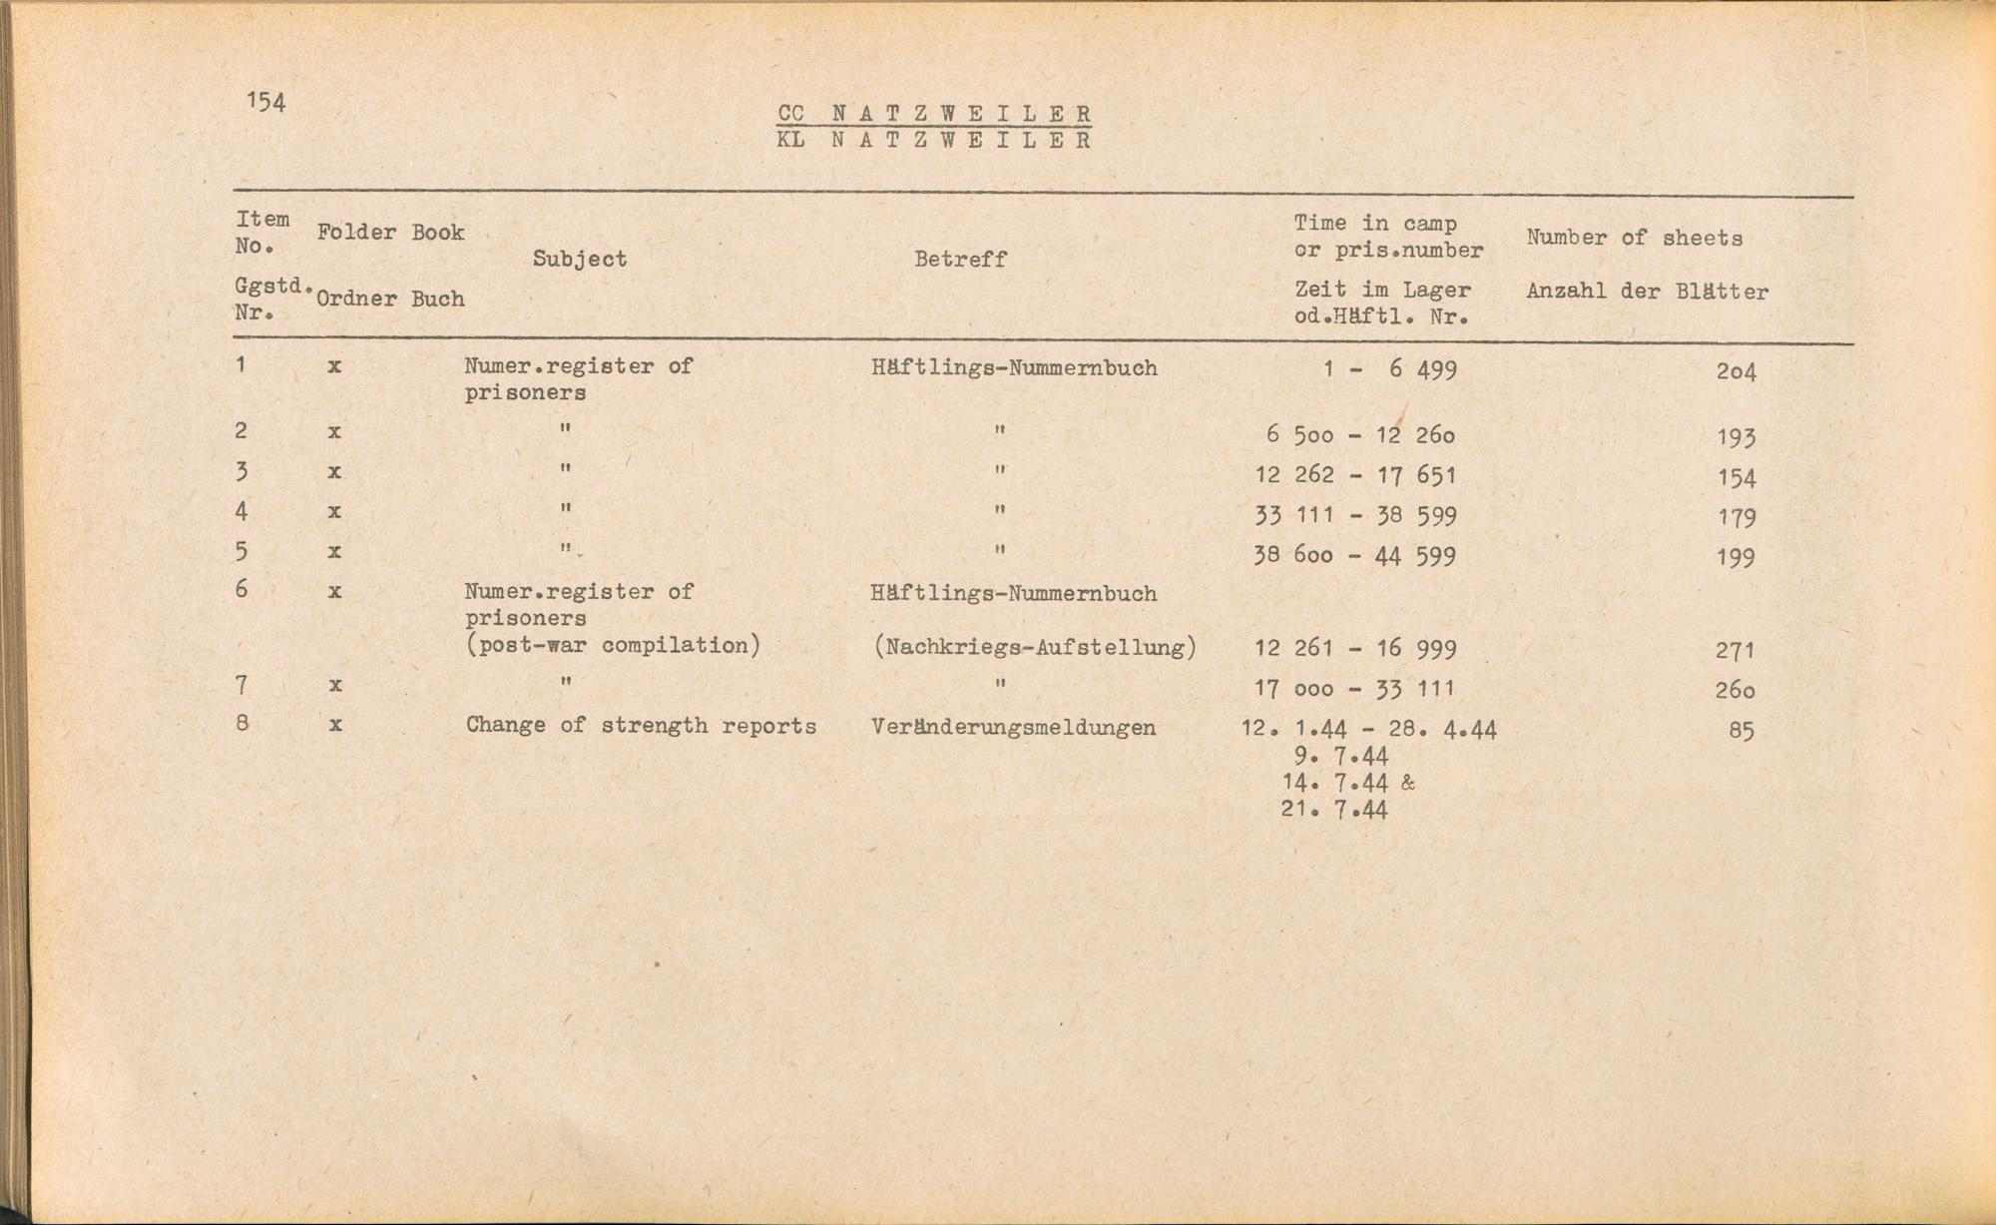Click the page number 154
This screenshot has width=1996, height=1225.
click(265, 102)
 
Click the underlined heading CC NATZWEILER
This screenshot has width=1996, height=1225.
click(934, 114)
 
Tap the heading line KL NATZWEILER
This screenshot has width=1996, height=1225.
click(934, 141)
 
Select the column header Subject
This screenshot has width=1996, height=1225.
click(579, 260)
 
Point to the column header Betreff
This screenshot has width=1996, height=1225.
click(960, 260)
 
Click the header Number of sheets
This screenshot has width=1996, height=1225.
click(1634, 238)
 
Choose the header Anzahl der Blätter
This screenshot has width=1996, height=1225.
click(1647, 293)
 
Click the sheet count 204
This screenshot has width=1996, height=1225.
click(1736, 372)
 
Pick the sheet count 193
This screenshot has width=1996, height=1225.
click(1737, 437)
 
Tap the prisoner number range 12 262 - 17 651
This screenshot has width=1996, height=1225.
click(1355, 476)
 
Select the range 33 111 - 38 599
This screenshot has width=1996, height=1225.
click(1355, 516)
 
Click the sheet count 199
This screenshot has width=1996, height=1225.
click(1736, 557)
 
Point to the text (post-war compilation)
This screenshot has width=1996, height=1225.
click(613, 646)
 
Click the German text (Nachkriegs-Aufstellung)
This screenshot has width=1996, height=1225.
click(1034, 648)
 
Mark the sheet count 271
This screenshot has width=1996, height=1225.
click(1736, 651)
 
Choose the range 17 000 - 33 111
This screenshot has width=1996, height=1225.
click(1355, 689)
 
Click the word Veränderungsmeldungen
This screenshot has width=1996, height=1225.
click(1013, 728)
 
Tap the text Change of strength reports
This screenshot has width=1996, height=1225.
click(641, 726)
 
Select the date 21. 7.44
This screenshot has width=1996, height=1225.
click(1334, 810)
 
